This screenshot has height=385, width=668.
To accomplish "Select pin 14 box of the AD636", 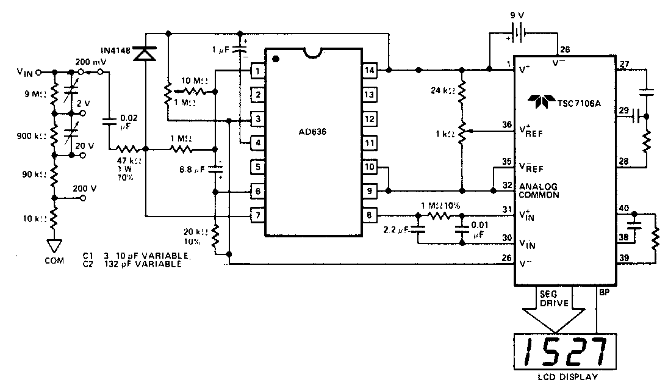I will coord(370,71).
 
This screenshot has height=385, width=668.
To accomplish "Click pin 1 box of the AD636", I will coord(258,71).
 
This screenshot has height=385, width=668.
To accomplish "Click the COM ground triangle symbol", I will coord(54,246).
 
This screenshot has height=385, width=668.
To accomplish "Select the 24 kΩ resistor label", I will coord(442,91).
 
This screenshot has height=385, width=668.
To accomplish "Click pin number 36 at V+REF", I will coord(507,125).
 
